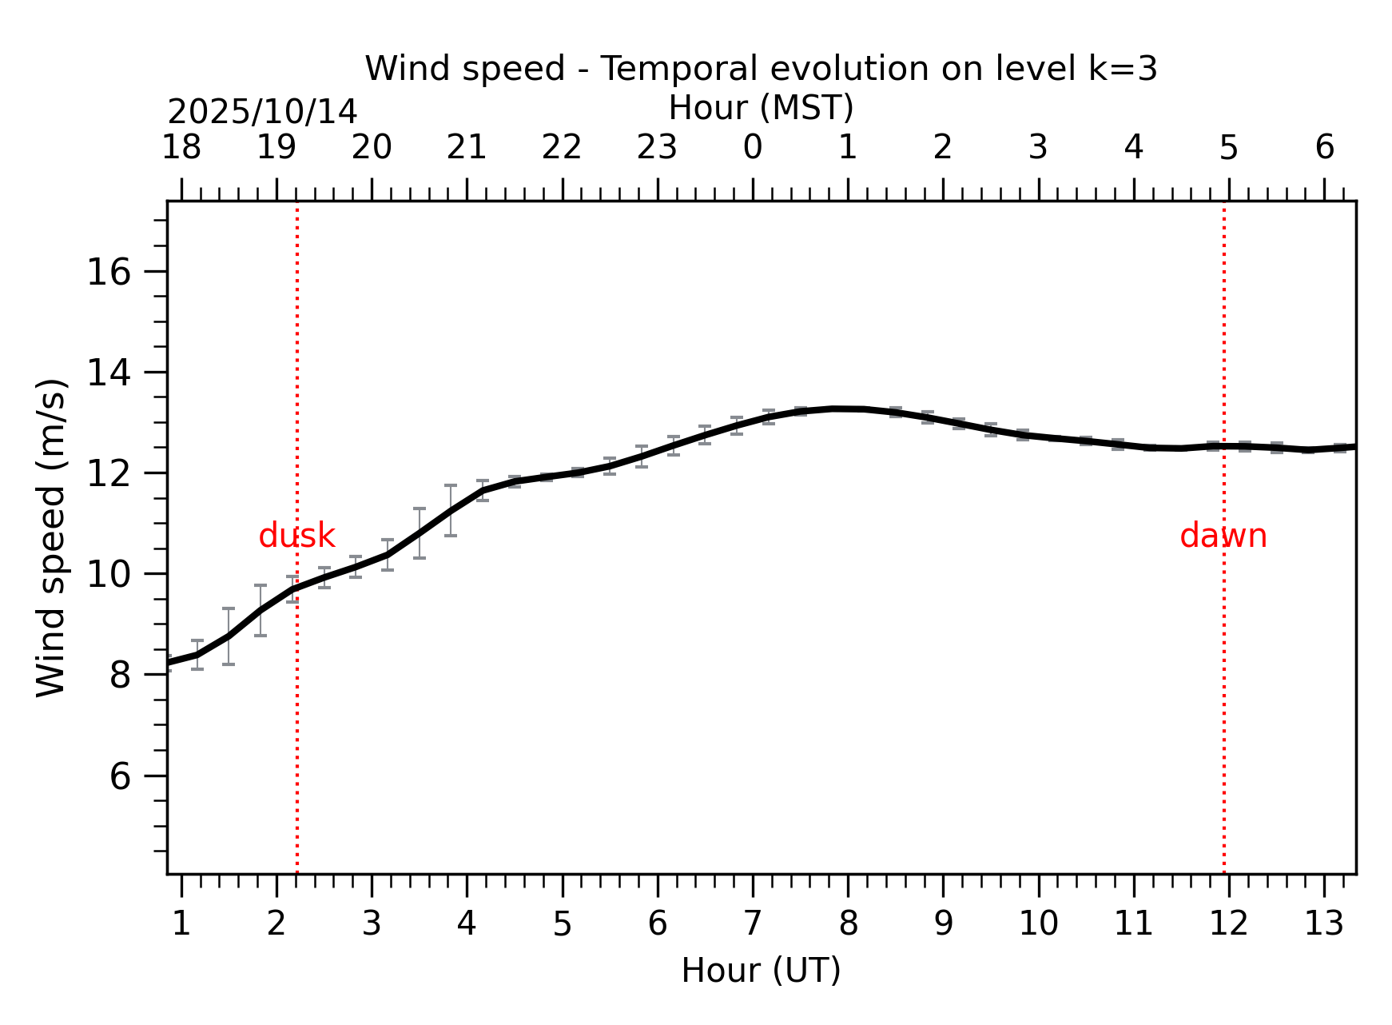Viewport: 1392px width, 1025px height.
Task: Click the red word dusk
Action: coord(296,536)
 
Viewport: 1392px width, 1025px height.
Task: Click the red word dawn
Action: coord(1223,536)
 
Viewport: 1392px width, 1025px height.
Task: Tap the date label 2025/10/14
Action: coord(262,112)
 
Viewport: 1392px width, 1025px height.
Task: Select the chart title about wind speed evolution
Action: coord(761,69)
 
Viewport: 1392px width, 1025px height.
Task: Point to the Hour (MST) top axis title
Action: coord(761,108)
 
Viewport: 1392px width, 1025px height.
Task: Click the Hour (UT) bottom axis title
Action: coord(761,971)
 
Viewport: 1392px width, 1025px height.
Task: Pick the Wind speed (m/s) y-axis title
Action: coord(52,537)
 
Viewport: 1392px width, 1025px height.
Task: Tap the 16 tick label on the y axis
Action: coord(108,273)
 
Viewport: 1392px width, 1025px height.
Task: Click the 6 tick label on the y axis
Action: coord(119,776)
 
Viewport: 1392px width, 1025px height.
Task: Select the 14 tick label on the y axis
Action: coord(108,373)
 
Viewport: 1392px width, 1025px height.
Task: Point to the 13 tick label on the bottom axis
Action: coord(1323,924)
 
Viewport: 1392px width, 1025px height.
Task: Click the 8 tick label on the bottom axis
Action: coord(848,924)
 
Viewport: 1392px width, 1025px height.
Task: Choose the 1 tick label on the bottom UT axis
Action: coord(181,924)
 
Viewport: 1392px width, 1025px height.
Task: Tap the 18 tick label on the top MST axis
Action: coord(181,148)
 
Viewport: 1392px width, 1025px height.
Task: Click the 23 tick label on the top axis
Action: coord(657,148)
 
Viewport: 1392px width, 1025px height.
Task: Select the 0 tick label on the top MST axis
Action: coord(752,148)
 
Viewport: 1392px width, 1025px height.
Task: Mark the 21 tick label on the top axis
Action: coord(467,148)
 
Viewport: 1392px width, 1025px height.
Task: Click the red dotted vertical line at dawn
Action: coord(1223,720)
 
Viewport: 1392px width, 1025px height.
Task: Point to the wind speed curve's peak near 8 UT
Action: coord(835,409)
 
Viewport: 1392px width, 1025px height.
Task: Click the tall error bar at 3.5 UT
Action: coord(419,532)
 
